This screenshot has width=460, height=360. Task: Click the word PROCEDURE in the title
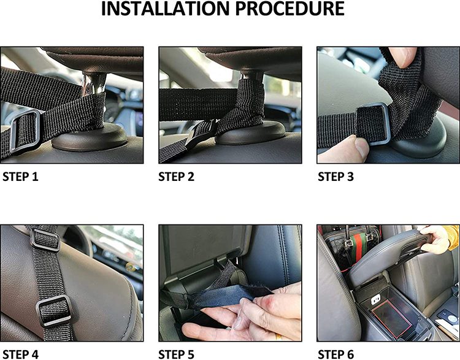(290, 9)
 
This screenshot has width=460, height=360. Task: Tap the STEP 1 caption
(20, 177)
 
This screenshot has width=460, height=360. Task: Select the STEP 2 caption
(176, 177)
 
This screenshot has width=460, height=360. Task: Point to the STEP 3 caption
(336, 177)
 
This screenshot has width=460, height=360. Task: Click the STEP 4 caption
(20, 354)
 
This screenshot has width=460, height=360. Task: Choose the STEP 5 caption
(176, 354)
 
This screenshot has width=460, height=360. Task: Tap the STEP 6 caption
(336, 354)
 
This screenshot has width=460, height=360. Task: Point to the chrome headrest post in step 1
(88, 85)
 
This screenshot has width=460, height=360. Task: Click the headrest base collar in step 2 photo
(250, 135)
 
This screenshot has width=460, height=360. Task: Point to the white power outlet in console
(376, 299)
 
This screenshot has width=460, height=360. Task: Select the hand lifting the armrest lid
(434, 239)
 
